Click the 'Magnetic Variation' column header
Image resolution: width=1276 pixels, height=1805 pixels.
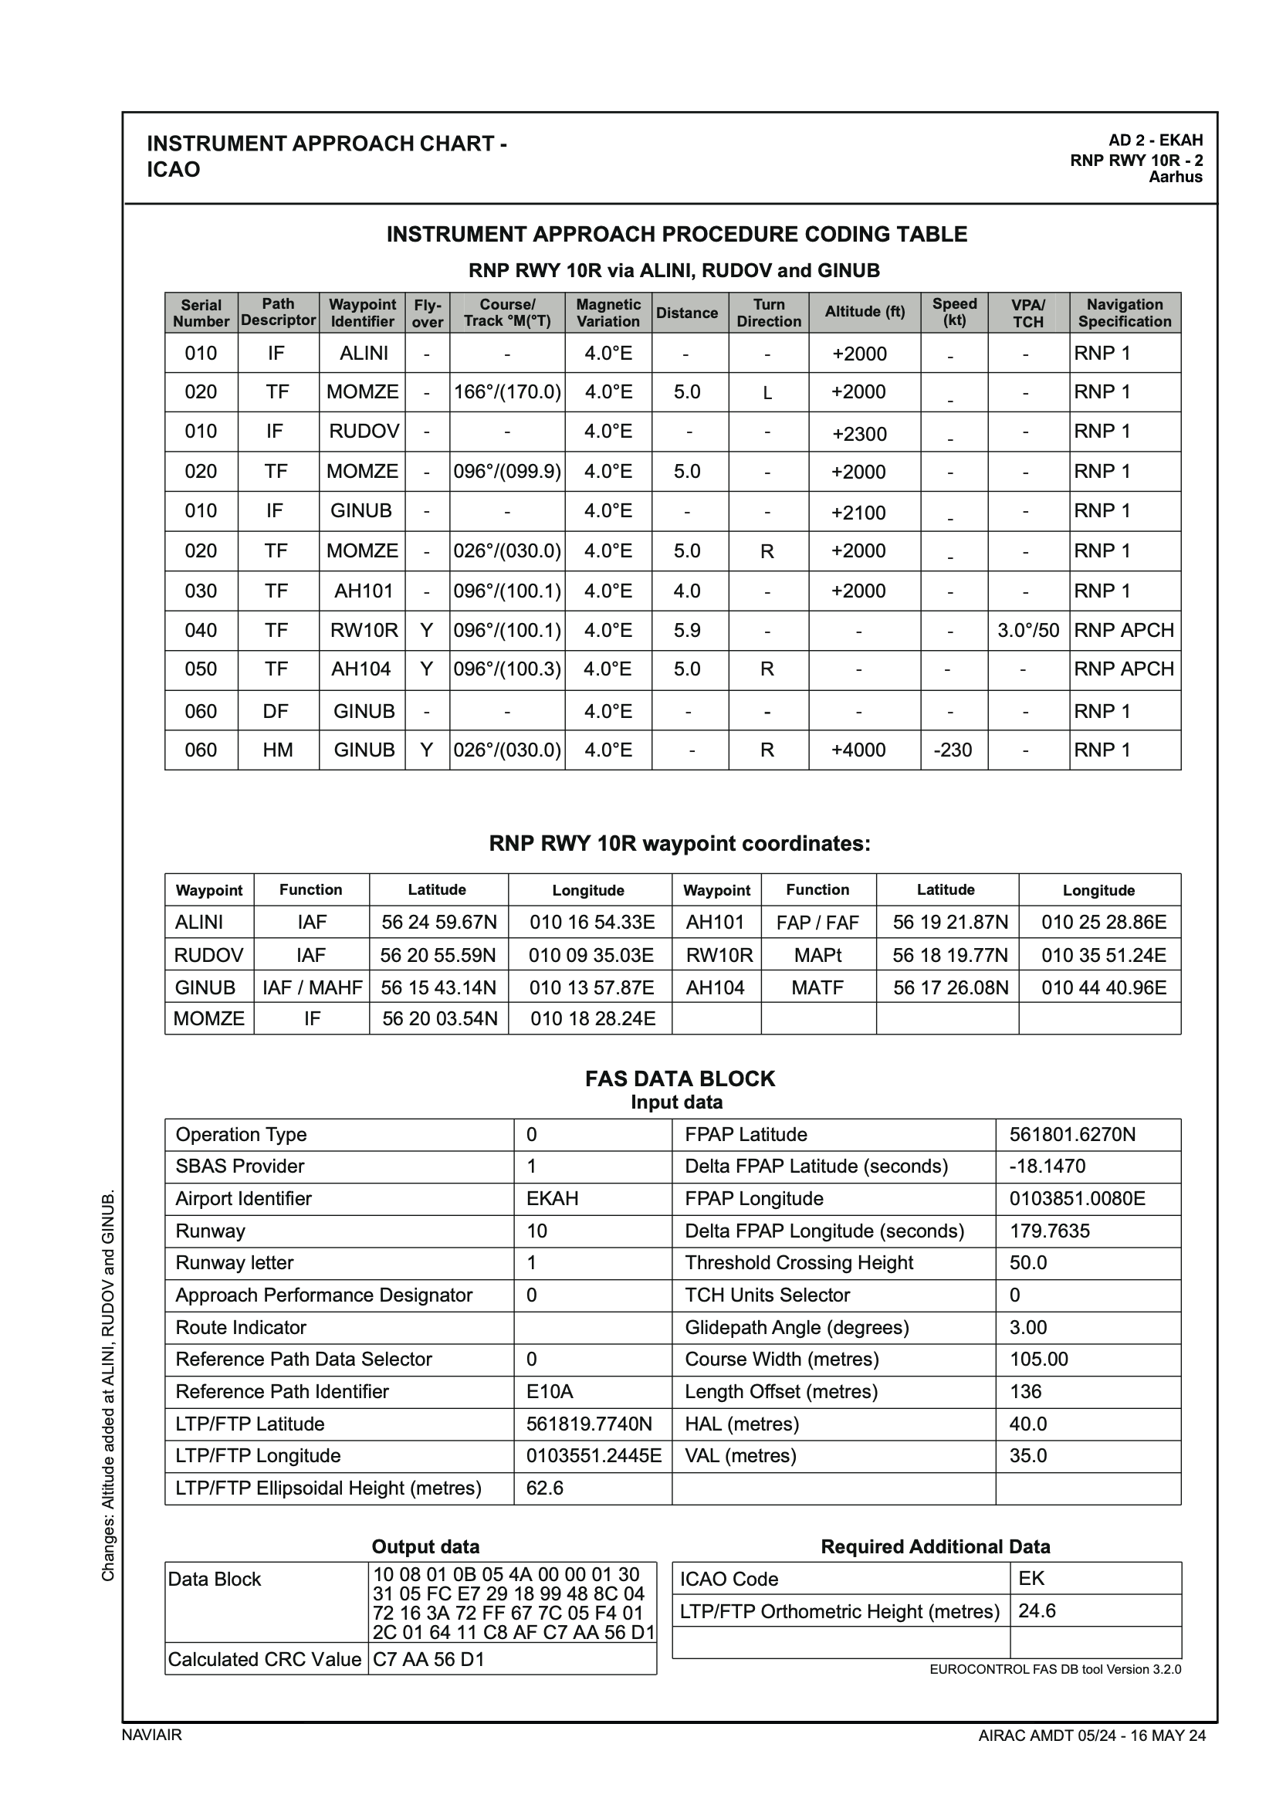click(x=608, y=312)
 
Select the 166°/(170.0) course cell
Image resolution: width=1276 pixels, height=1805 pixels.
click(x=507, y=391)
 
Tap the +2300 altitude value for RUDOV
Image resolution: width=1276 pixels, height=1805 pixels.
click(x=859, y=434)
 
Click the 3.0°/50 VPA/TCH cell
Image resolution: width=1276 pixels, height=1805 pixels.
click(x=1028, y=630)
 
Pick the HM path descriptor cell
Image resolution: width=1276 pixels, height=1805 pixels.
click(x=278, y=750)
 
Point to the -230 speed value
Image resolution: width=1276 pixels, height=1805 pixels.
click(x=953, y=750)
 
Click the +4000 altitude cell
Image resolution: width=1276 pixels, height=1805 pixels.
click(x=858, y=750)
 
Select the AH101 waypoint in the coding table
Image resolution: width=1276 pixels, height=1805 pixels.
click(x=364, y=591)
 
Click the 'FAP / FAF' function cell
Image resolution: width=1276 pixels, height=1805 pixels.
click(x=817, y=922)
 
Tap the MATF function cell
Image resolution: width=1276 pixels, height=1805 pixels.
click(x=817, y=987)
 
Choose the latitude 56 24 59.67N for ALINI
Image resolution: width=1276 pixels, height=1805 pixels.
click(x=438, y=922)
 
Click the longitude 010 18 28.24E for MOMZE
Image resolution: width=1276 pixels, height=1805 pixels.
click(x=592, y=1019)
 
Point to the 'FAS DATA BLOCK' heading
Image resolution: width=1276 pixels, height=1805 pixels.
click(x=680, y=1079)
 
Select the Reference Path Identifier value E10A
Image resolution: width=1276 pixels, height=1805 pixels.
click(x=550, y=1391)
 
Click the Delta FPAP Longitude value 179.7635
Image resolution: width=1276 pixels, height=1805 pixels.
click(x=1050, y=1231)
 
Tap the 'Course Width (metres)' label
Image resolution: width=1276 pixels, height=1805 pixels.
click(x=781, y=1360)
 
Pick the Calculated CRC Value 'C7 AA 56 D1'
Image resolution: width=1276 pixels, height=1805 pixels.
click(x=428, y=1660)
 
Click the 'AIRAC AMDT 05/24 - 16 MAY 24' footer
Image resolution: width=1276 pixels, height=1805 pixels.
click(x=1092, y=1736)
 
